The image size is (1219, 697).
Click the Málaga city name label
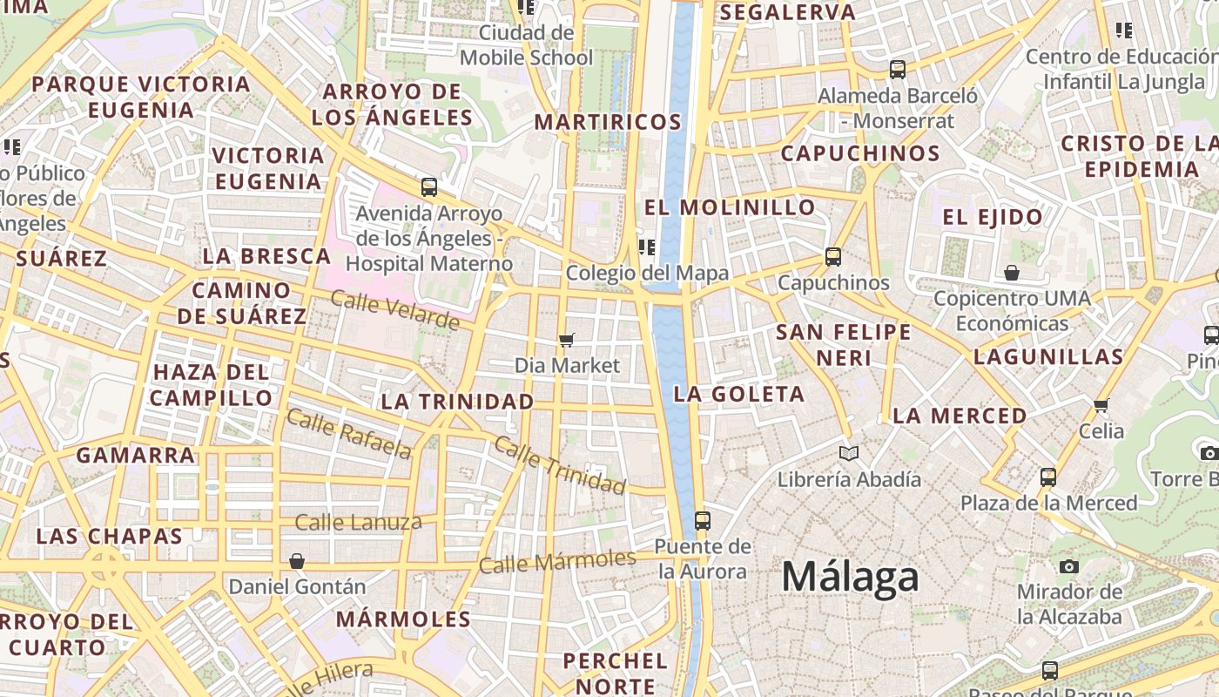point(850,577)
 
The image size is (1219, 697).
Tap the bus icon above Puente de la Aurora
point(702,521)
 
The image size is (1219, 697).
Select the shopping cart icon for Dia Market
point(567,340)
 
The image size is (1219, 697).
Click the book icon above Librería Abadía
point(849,453)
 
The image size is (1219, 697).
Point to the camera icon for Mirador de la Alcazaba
point(1069,566)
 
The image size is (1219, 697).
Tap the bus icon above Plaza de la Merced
point(1048,477)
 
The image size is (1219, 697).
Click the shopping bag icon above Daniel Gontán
point(297,561)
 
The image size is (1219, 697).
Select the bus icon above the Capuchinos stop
point(833,257)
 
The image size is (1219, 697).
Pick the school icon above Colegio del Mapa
point(646,247)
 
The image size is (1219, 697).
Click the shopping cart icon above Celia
point(1101,405)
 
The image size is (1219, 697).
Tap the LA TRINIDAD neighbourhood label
point(457,402)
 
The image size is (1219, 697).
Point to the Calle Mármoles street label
point(557,561)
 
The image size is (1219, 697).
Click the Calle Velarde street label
point(394,310)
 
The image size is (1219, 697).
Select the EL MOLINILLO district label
point(730,208)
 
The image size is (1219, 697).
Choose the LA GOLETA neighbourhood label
point(739,394)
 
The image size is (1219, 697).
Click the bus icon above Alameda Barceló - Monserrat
point(898,70)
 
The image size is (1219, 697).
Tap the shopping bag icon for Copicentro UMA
point(1012,274)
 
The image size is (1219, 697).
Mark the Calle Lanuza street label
point(358,523)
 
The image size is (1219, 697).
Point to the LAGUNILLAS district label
point(1048,356)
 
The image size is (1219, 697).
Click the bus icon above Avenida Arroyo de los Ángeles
point(429,187)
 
